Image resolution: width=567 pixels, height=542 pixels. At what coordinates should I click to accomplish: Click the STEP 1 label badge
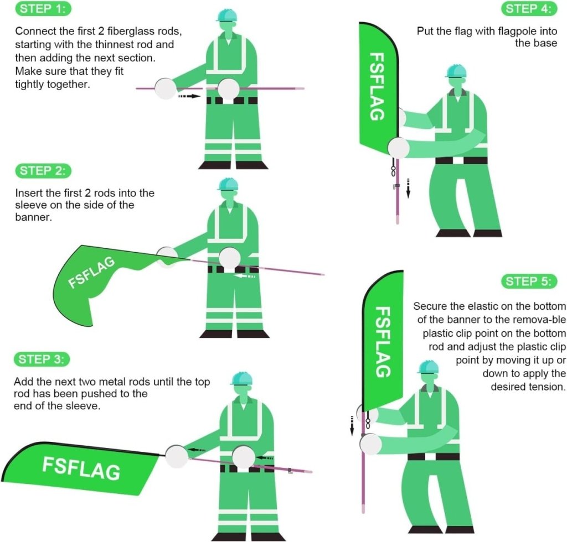pos(44,9)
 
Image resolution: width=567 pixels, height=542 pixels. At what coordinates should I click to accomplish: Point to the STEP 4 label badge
pos(528,9)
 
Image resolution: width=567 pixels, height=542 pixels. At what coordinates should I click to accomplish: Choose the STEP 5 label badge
pos(528,281)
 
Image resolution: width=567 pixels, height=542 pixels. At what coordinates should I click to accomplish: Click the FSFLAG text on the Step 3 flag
pos(81,468)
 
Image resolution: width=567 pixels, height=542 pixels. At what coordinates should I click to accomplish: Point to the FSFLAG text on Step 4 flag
pos(377,86)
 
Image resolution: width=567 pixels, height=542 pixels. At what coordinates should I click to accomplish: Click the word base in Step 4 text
pos(545,43)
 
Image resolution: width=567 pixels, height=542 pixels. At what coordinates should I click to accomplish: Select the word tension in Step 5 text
pos(547,387)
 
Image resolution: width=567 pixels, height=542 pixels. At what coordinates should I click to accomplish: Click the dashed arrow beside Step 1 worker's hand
pos(188,96)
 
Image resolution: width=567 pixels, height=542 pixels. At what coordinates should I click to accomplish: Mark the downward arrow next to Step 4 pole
pos(408,187)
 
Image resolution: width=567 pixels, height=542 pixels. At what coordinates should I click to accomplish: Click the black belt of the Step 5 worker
pos(434,456)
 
